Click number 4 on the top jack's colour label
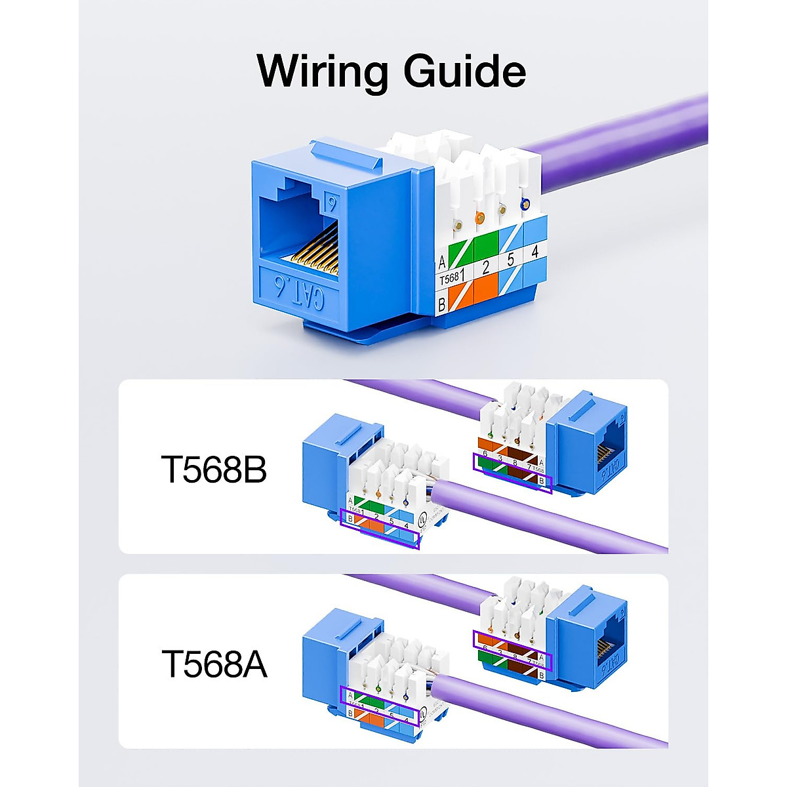click(535, 251)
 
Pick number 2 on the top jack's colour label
click(485, 267)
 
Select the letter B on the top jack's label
click(442, 304)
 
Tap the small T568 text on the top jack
click(449, 279)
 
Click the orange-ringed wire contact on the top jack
click(480, 217)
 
